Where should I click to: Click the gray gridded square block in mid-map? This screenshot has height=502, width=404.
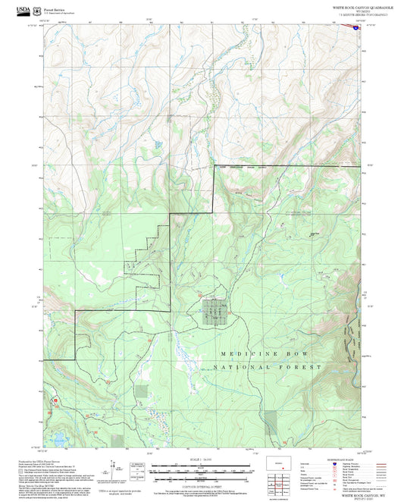[x=215, y=312]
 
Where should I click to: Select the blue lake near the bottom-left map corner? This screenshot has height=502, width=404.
[x=58, y=438]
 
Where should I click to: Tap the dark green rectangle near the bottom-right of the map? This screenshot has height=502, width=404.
[x=271, y=422]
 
